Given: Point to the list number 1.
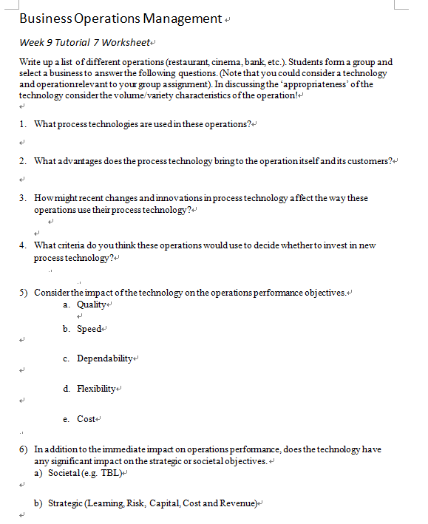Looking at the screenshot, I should point(23,123).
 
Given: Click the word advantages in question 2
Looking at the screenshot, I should point(78,160).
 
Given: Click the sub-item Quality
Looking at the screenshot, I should point(92,305).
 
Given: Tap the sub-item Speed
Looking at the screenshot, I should point(89,329).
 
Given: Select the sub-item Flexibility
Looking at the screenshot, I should point(97,389).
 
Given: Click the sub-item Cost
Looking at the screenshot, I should point(86,419).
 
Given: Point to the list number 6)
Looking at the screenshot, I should point(24,449).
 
